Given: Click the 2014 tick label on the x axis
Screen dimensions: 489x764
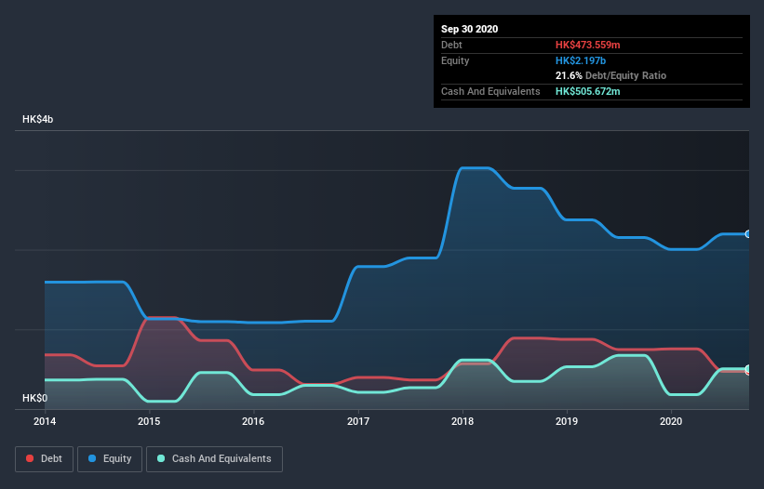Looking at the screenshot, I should click(x=45, y=422).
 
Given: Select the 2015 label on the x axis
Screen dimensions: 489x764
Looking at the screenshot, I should click(x=149, y=422).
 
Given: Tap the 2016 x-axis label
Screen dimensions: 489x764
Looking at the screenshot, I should click(x=253, y=422).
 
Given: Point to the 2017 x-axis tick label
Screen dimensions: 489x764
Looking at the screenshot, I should click(x=358, y=422).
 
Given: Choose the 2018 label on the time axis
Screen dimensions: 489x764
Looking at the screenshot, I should click(x=462, y=422).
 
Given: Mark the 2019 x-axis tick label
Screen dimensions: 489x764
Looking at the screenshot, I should click(x=567, y=422).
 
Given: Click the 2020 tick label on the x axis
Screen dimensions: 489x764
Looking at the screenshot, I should click(x=671, y=422).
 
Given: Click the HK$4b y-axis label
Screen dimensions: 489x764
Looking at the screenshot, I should click(x=38, y=120).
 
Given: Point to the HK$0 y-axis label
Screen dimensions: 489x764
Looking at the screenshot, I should click(x=34, y=398).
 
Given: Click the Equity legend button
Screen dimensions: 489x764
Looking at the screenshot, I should click(x=110, y=458).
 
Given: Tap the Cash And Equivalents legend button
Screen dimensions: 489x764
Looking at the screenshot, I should click(x=214, y=458).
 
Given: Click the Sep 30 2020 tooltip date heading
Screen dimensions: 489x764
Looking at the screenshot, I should click(x=470, y=29).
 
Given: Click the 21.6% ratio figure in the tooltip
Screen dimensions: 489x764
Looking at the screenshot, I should click(x=569, y=75).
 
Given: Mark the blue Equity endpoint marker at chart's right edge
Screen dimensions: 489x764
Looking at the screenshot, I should click(x=748, y=234).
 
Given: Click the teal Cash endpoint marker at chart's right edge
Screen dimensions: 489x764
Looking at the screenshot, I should click(x=748, y=369).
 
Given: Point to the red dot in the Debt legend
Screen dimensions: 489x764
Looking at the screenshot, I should click(x=31, y=458).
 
